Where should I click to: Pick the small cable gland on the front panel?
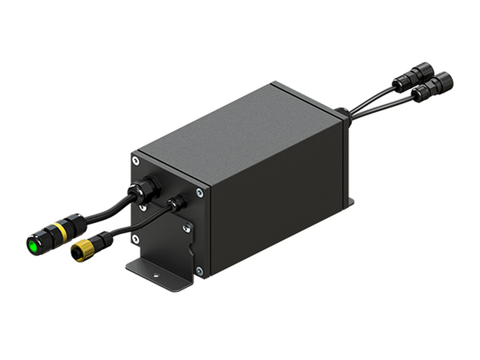tap(176, 203)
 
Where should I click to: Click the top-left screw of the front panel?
tap(135, 161)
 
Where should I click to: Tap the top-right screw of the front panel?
tap(200, 192)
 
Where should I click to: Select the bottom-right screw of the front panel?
tap(199, 270)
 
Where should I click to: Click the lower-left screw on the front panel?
tap(135, 239)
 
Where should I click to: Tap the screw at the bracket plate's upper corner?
tap(187, 228)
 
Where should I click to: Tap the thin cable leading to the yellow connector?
tap(136, 225)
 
